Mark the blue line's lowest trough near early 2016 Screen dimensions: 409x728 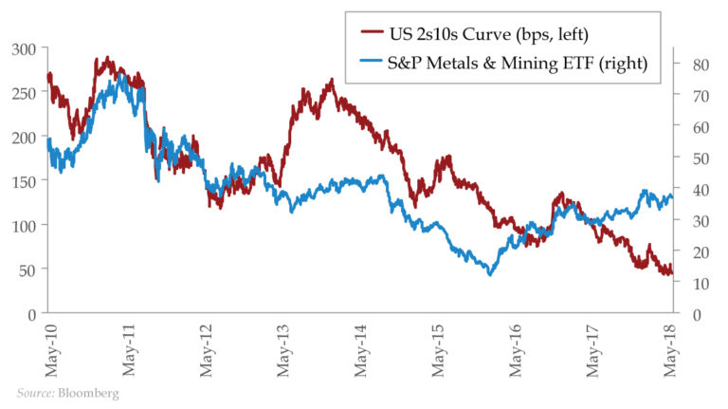[490, 274]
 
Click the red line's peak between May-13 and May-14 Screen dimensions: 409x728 [331, 81]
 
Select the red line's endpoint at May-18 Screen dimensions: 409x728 [672, 274]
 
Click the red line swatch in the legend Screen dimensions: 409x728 [370, 35]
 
